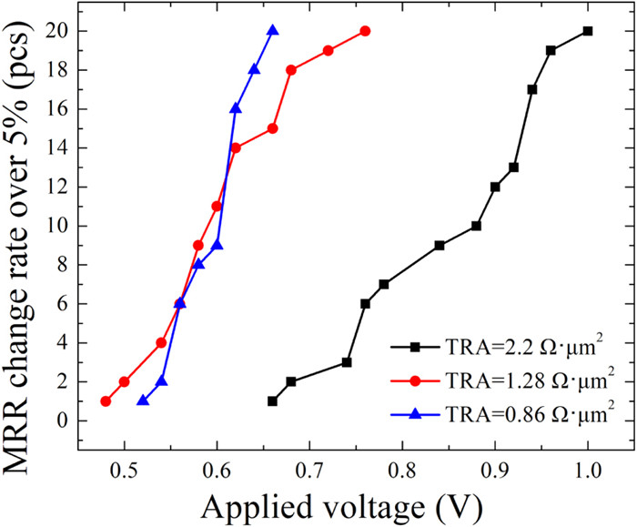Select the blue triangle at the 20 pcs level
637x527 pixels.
coord(272,31)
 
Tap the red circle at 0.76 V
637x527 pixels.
coord(365,31)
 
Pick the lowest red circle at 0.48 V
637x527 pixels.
coord(106,401)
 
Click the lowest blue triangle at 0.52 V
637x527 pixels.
coord(143,400)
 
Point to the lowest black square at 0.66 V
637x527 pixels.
coord(272,401)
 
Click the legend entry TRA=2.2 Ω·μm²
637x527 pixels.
coord(511,346)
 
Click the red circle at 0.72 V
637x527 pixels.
coord(328,51)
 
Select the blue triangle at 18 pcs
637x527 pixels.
coord(254,70)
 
